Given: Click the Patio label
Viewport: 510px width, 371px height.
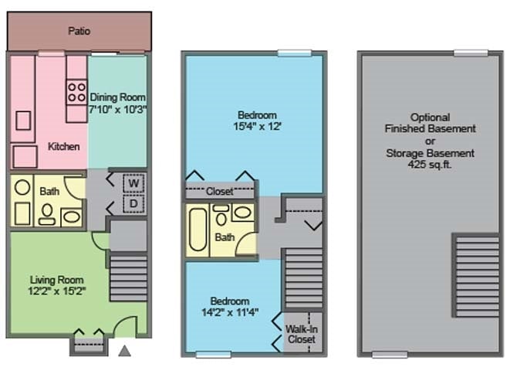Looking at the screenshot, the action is pos(79,31).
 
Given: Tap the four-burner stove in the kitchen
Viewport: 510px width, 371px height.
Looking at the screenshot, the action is pos(76,92).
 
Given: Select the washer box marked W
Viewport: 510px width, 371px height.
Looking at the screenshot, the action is pos(133,183).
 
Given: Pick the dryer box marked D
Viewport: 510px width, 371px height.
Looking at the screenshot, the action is pos(133,204).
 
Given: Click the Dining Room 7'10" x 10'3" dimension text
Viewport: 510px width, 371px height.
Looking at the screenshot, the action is pos(118,109).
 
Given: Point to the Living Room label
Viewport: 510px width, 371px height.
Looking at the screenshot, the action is pos(56,280).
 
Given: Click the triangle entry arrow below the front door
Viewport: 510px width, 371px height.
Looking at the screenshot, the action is pos(124,351).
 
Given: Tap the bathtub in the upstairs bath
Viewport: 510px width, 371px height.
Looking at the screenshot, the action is pos(198,230).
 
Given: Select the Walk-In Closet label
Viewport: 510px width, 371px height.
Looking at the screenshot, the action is pos(301,334).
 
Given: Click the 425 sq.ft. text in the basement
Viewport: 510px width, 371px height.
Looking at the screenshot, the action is pos(430,165).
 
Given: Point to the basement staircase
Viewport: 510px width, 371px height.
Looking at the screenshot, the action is pos(477,276).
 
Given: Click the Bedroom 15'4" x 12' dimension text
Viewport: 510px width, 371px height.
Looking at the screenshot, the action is pos(257,127).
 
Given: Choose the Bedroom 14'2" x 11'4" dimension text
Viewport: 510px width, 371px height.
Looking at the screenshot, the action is pos(230,312).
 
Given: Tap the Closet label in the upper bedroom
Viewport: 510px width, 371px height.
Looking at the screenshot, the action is pos(220,191).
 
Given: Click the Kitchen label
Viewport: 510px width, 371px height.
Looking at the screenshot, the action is pos(64,147).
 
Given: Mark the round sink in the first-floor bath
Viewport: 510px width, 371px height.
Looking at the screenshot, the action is pos(22,188).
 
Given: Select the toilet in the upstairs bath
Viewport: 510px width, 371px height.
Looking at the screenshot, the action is pos(221,215).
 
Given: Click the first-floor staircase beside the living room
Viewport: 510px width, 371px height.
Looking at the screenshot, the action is pos(129,277).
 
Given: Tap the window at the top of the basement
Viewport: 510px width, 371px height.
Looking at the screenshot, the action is pos(471,53).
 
